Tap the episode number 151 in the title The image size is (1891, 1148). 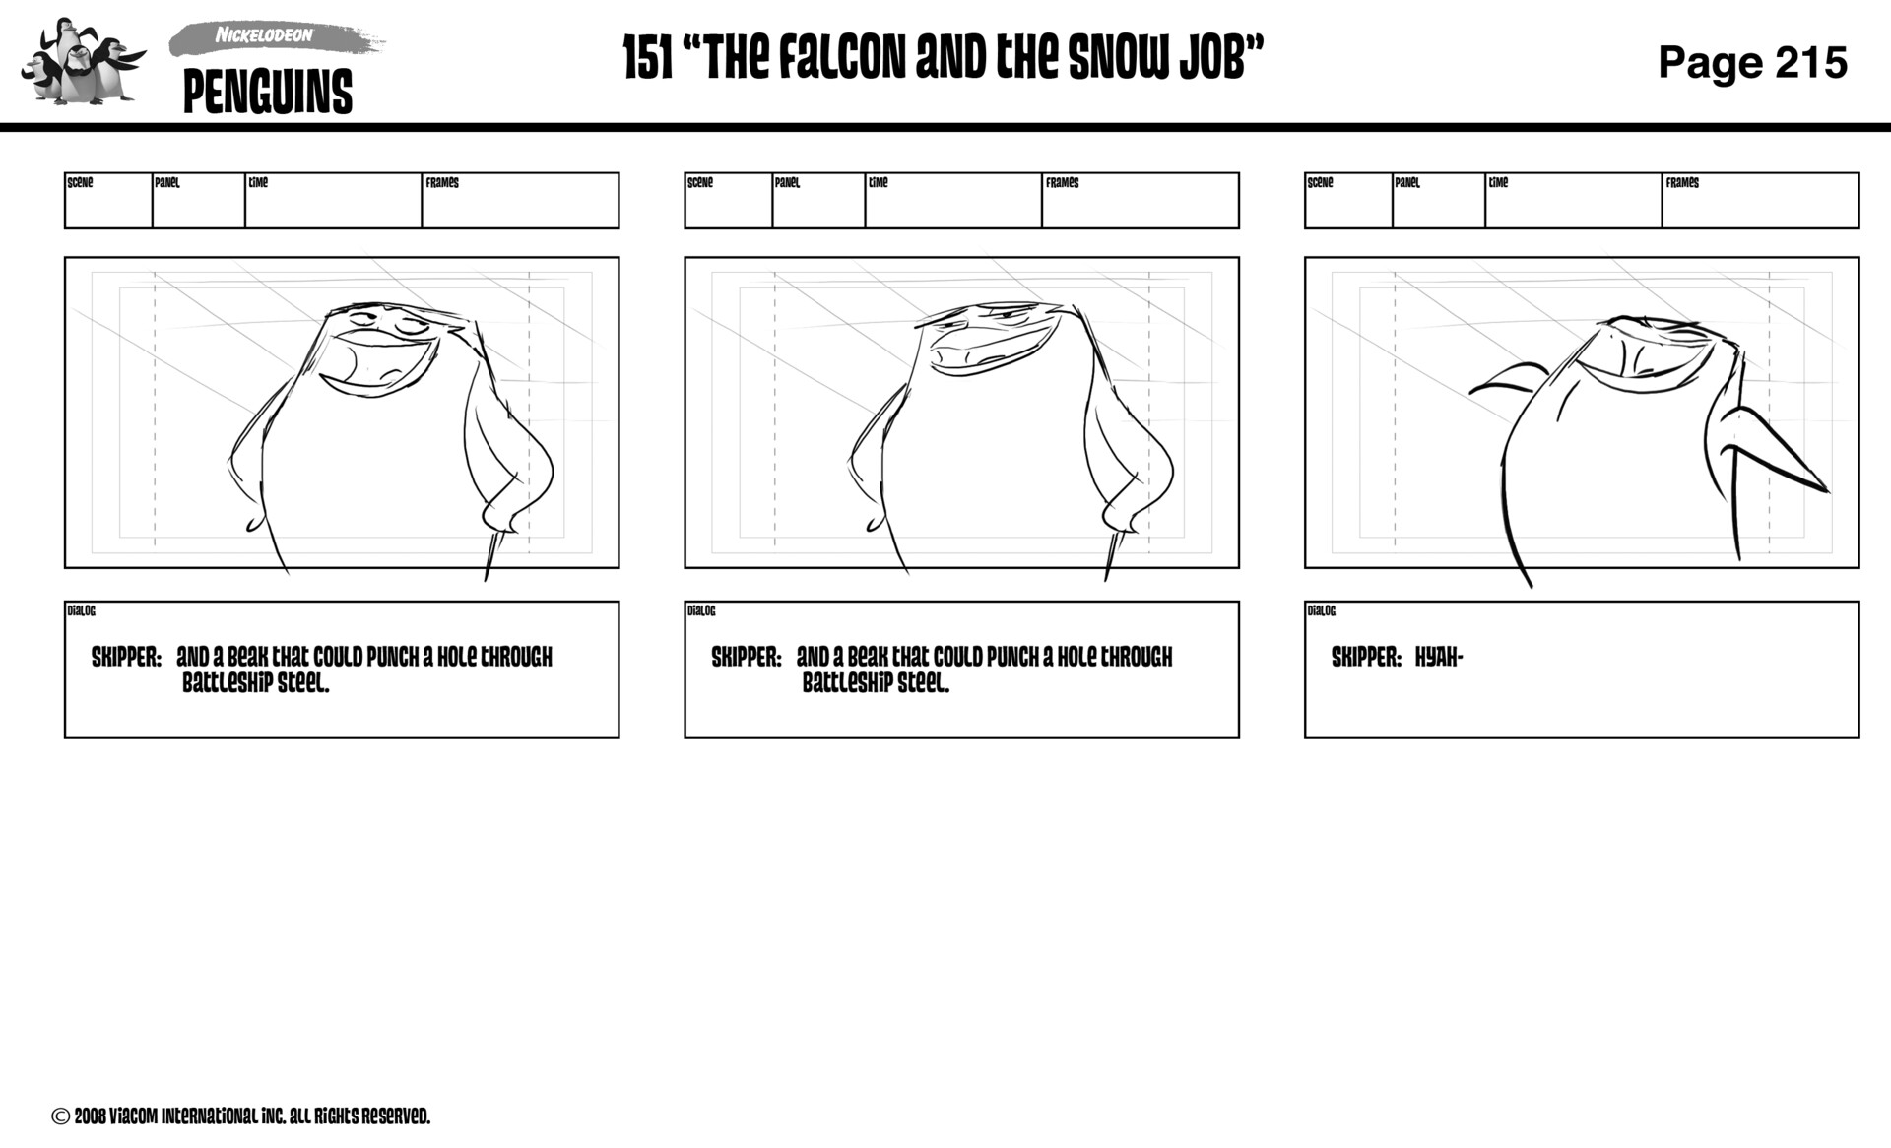pos(648,59)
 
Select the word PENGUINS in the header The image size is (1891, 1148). pos(267,93)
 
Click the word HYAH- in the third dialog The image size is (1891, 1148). pos(1438,658)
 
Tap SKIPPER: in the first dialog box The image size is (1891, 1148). pos(126,658)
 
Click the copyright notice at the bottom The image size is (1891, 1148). pos(241,1116)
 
